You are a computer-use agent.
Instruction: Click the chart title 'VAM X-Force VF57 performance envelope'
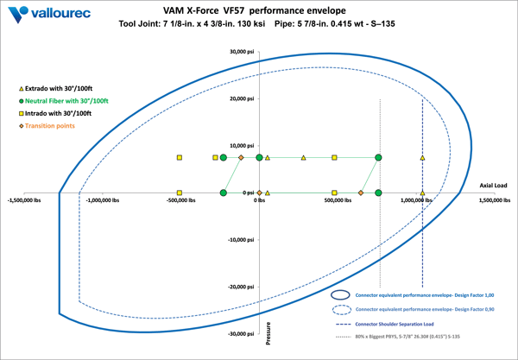(260, 10)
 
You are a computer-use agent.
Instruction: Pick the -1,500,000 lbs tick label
(28, 201)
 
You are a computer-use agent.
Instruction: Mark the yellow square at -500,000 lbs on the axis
(179, 193)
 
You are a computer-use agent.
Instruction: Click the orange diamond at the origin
(259, 193)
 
